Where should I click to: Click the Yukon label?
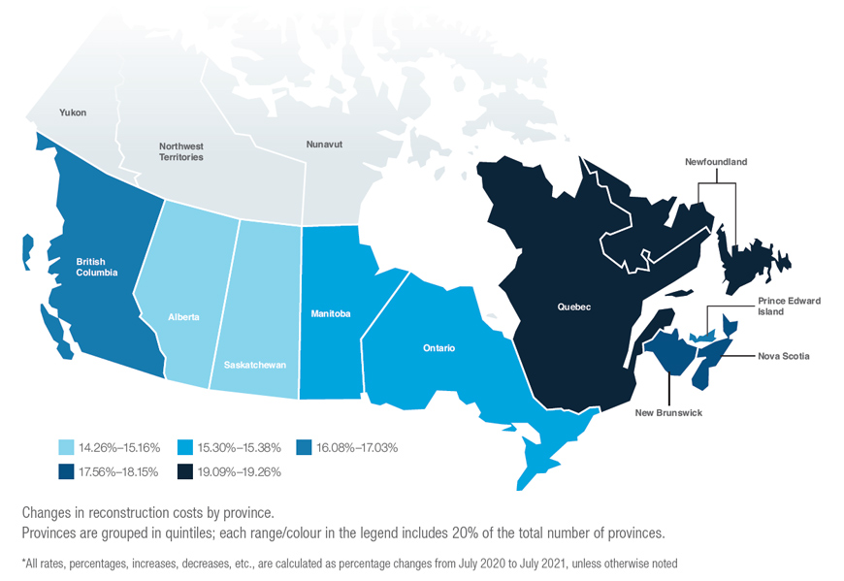pyautogui.click(x=73, y=113)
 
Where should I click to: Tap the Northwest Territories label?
pyautogui.click(x=181, y=151)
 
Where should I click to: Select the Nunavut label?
pyautogui.click(x=324, y=145)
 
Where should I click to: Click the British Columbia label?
pyautogui.click(x=97, y=267)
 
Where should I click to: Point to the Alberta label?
pyautogui.click(x=184, y=317)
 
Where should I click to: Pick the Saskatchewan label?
pyautogui.click(x=253, y=366)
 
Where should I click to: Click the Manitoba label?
pyautogui.click(x=331, y=314)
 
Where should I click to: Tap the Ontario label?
pyautogui.click(x=439, y=347)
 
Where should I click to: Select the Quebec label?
pyautogui.click(x=574, y=307)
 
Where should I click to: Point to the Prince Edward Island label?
pyautogui.click(x=790, y=307)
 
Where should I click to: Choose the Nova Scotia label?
pyautogui.click(x=783, y=356)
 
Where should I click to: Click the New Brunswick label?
pyautogui.click(x=669, y=413)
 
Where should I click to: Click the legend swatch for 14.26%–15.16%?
pyautogui.click(x=67, y=447)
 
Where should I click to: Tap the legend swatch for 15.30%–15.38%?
pyautogui.click(x=185, y=447)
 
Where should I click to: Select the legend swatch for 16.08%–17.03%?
pyautogui.click(x=304, y=447)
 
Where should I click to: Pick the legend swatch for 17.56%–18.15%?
pyautogui.click(x=67, y=472)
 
